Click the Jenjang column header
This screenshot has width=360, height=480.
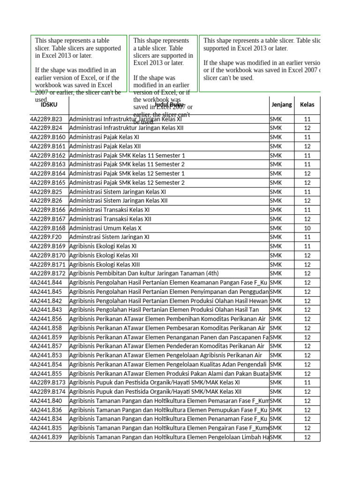click(281, 105)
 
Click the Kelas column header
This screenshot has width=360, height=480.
click(307, 105)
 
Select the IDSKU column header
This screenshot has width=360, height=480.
click(49, 105)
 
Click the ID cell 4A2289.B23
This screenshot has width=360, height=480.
click(46, 119)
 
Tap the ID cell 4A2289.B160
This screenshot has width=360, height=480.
click(48, 137)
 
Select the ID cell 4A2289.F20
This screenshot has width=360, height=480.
click(46, 237)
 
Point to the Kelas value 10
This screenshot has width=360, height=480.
click(307, 228)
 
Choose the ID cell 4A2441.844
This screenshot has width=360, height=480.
click(46, 283)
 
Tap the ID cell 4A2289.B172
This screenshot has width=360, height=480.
click(48, 273)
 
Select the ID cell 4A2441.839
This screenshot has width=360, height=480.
click(46, 437)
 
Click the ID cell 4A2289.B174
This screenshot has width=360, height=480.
click(48, 392)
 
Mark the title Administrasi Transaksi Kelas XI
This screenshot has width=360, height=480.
click(109, 210)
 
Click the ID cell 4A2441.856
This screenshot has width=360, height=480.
click(46, 319)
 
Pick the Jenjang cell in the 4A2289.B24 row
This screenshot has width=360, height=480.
click(276, 128)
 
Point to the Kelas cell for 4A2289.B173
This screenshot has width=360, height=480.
click(307, 382)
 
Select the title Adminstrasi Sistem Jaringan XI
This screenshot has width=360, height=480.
click(109, 237)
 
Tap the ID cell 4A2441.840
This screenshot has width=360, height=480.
click(46, 401)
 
